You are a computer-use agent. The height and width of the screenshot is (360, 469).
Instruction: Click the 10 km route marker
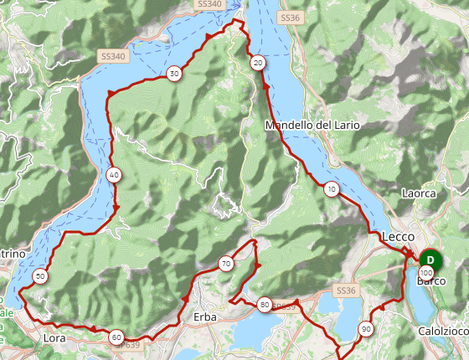(x=332, y=189)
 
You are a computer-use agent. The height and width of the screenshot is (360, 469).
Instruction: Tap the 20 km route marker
(x=258, y=63)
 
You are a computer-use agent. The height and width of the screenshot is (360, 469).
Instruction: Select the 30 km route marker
(x=173, y=74)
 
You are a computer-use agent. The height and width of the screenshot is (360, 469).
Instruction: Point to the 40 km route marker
(x=114, y=175)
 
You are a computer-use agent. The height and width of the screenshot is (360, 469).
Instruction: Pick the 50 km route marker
(x=40, y=276)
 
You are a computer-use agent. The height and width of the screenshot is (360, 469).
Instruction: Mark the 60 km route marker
(x=116, y=337)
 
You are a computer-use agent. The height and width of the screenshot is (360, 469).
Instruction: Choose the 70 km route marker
(x=225, y=264)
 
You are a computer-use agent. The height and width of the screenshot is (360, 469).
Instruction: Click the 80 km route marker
(x=265, y=305)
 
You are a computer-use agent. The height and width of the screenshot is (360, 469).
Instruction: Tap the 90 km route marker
(x=365, y=329)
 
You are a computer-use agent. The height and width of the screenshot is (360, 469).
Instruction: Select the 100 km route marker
(x=427, y=273)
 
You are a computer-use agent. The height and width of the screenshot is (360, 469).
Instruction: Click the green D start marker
(x=430, y=260)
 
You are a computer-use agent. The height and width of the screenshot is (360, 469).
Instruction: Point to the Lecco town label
(x=398, y=237)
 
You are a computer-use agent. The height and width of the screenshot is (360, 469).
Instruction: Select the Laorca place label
(x=419, y=193)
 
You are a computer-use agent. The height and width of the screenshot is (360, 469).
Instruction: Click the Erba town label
(x=204, y=317)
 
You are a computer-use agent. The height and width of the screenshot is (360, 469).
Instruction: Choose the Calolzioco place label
(x=443, y=332)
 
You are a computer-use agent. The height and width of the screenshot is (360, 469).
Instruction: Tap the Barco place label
(x=431, y=282)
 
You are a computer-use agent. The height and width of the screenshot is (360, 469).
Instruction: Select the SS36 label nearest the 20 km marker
(x=289, y=17)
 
